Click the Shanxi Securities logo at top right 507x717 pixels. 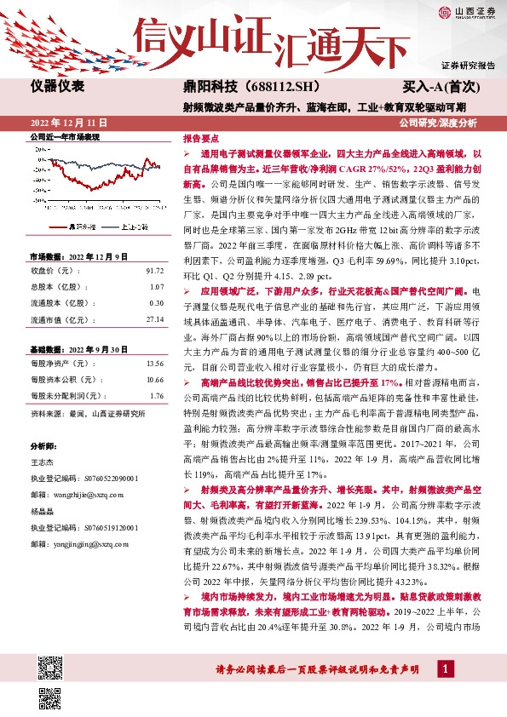pos(467,13)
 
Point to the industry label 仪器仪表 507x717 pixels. pos(58,87)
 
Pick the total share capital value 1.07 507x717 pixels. pos(156,287)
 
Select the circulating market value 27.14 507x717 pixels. pos(154,318)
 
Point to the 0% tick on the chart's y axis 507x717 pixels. pos(40,159)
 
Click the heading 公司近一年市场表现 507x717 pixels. pos(65,137)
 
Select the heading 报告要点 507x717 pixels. pos(201,137)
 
